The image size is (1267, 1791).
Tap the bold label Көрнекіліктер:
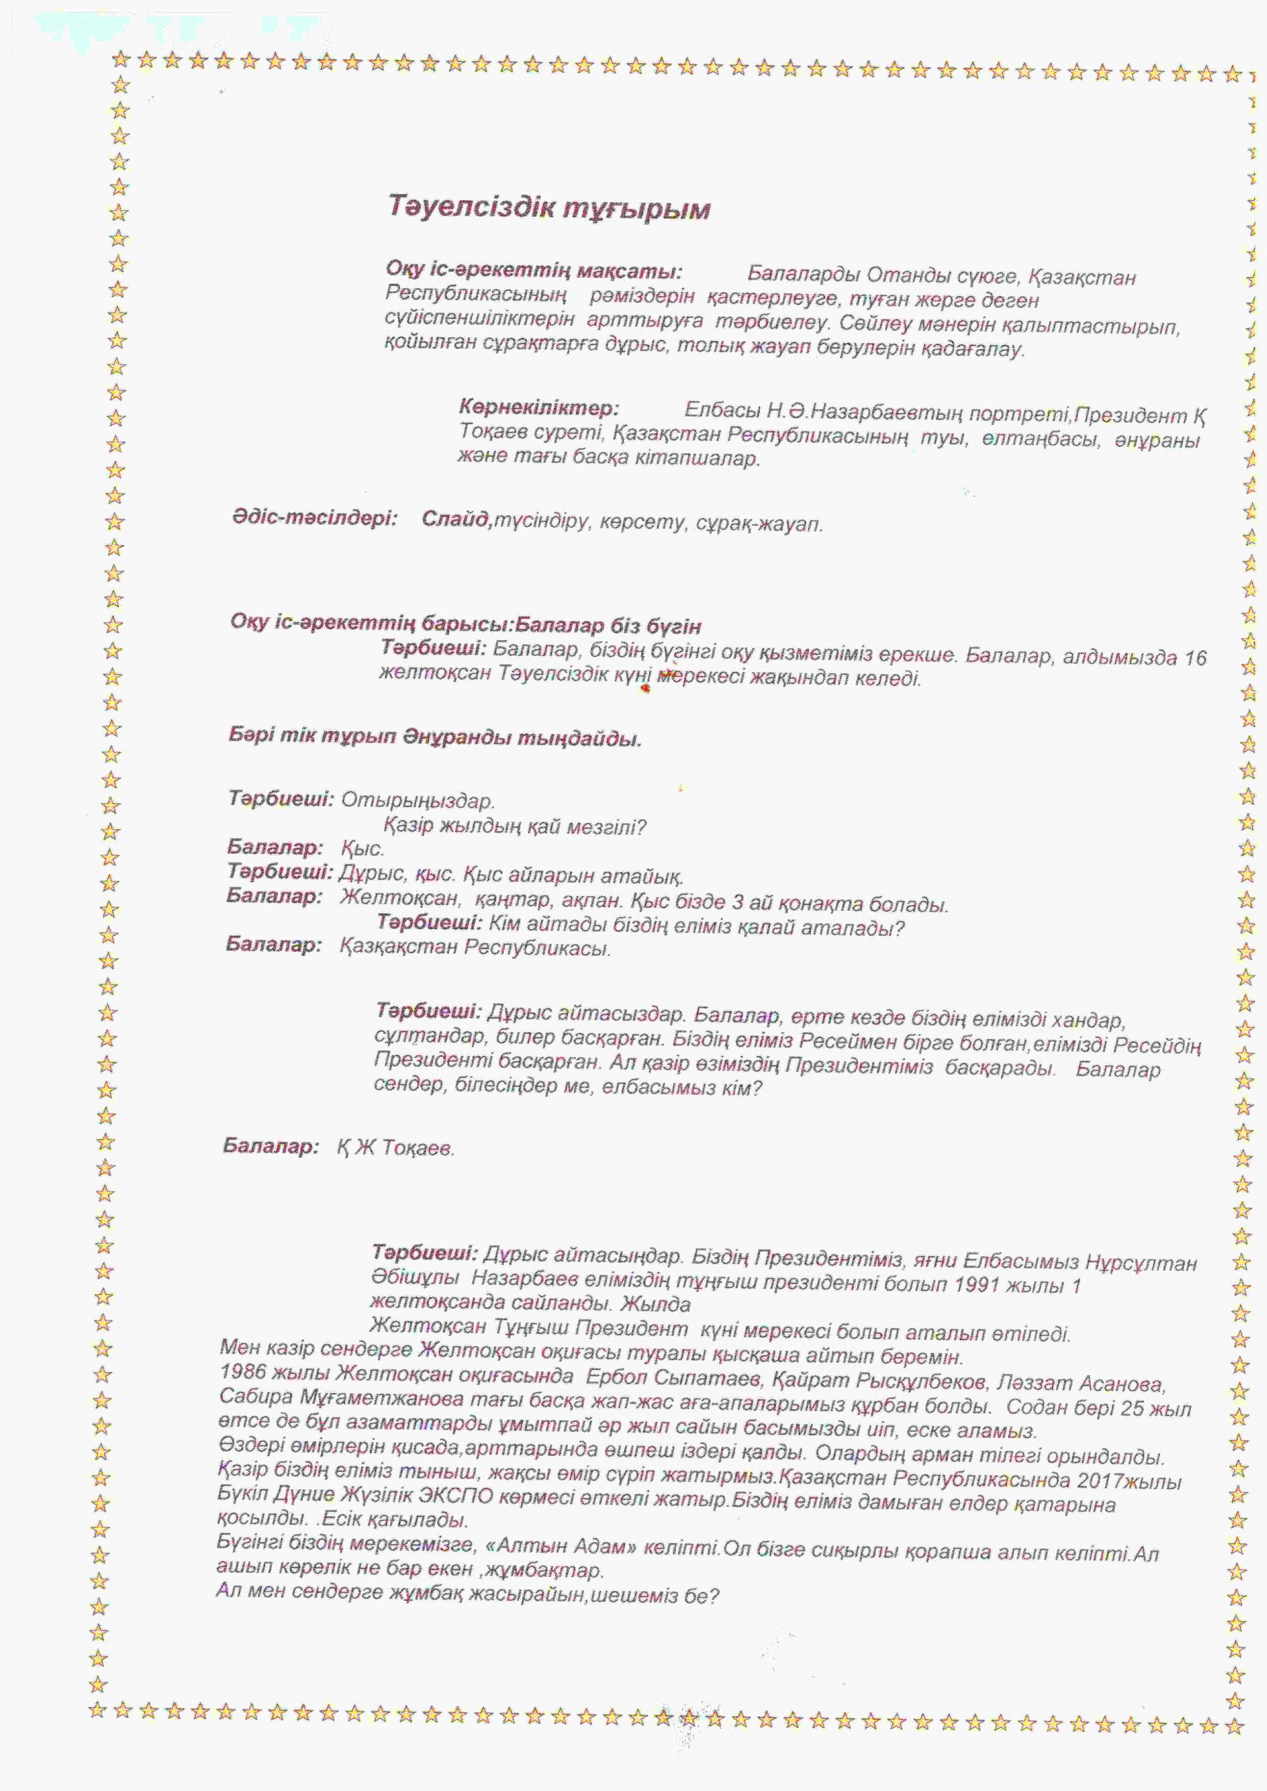pos(538,408)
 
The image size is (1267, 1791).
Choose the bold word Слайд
pos(455,520)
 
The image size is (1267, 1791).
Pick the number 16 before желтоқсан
pos(1194,658)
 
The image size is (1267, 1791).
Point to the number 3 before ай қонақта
pos(737,903)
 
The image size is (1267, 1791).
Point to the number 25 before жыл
pos(1131,1409)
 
